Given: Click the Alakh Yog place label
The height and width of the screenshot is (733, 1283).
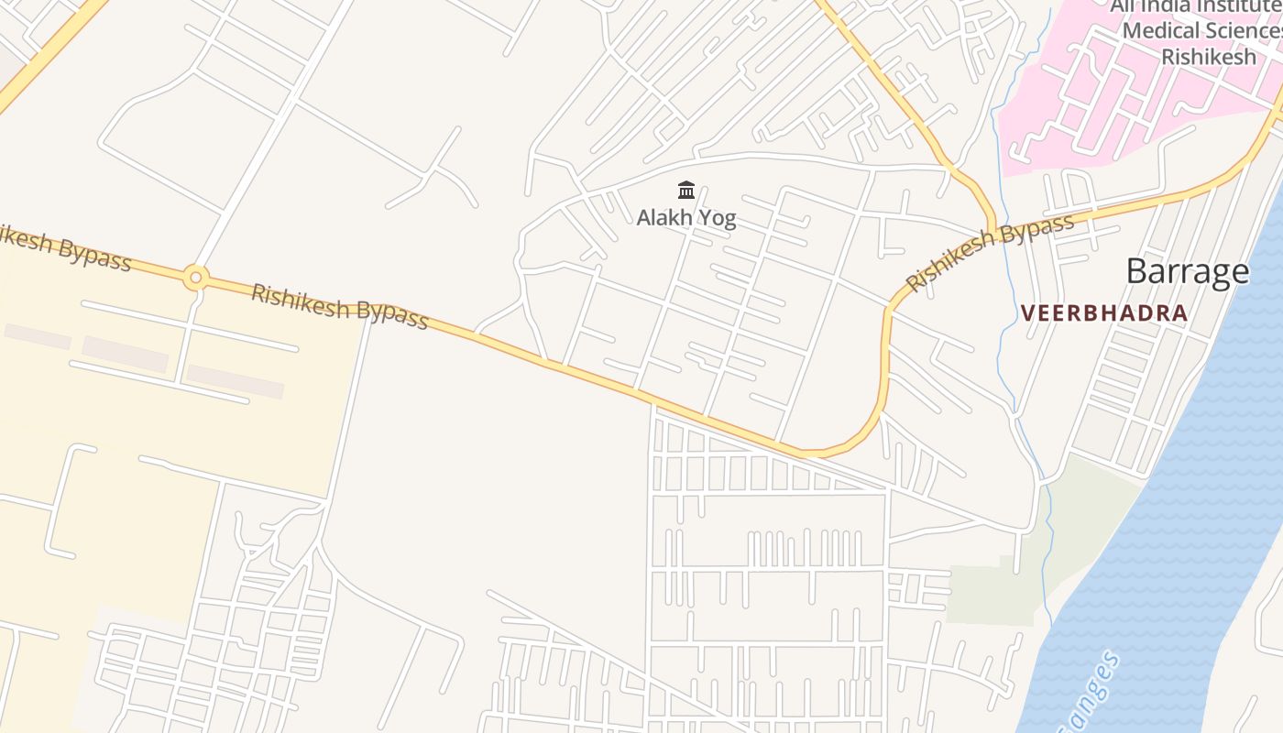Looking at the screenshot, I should [686, 218].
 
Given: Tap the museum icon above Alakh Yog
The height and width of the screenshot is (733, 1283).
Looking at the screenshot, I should [686, 191].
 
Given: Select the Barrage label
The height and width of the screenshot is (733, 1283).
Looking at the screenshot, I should [1187, 271].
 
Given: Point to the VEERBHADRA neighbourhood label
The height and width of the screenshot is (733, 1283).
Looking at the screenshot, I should [1103, 313].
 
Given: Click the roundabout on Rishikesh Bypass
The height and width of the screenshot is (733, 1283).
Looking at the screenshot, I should [195, 277].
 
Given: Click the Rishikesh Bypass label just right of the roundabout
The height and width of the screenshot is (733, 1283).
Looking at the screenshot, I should [339, 306].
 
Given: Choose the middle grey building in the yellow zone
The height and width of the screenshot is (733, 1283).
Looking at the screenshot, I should [125, 354].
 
